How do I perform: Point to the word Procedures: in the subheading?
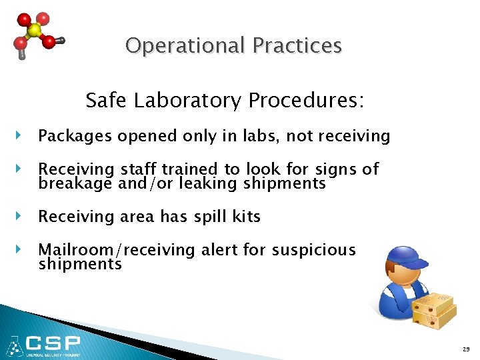click(306, 101)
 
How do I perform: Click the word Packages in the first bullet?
click(76, 137)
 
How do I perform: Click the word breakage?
click(75, 183)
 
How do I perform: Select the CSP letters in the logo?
click(52, 344)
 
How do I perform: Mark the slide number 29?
click(465, 349)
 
